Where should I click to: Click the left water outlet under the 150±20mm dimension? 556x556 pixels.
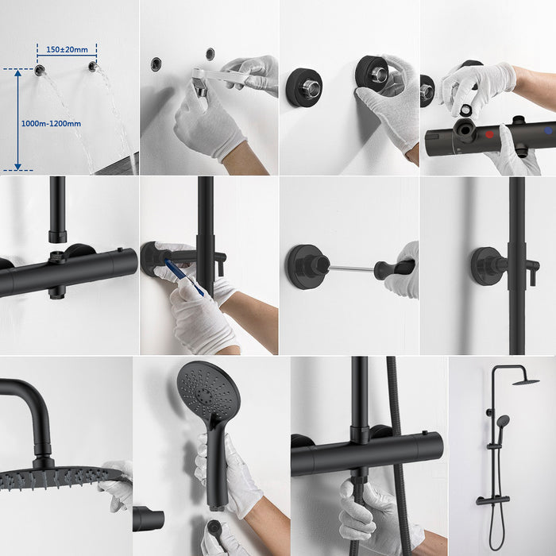(40, 70)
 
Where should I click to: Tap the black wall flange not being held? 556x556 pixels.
(303, 87)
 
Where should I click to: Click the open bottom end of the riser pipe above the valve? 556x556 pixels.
(57, 236)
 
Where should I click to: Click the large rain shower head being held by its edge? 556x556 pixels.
(56, 476)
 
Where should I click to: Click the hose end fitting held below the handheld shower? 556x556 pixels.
(214, 529)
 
